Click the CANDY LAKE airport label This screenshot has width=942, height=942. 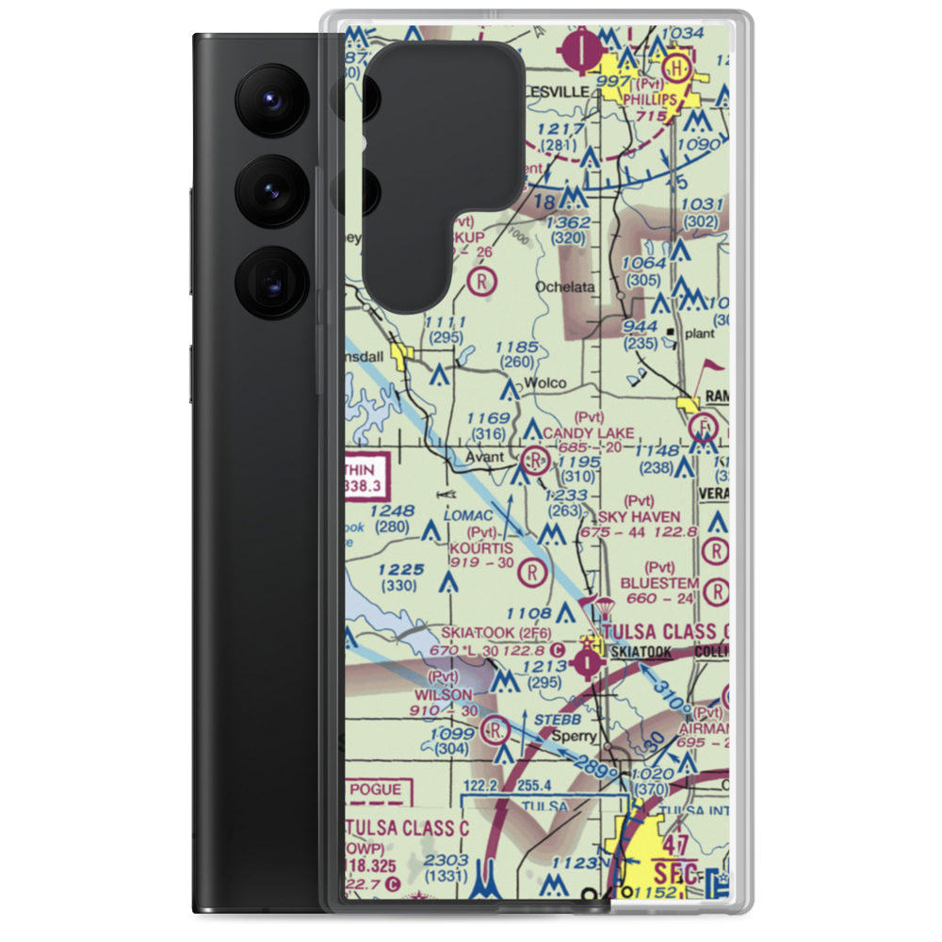[589, 432]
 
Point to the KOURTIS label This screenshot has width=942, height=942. [481, 548]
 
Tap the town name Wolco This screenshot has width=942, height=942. [545, 382]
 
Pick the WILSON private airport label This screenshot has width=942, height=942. [443, 694]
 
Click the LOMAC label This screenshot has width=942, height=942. [469, 516]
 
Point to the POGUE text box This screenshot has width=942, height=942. [376, 790]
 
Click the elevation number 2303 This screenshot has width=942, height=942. [444, 860]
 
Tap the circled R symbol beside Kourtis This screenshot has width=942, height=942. [534, 571]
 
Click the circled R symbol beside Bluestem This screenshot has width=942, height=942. [717, 591]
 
